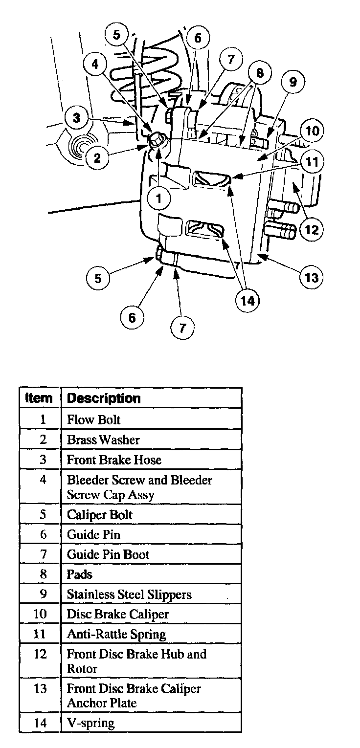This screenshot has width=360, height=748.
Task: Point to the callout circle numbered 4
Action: coord(95,64)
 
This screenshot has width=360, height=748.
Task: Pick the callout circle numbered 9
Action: coord(292,82)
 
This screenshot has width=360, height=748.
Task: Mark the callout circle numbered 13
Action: coord(312,278)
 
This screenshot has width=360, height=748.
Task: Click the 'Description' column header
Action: coord(104,398)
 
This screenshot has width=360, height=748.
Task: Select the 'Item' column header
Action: coord(39,398)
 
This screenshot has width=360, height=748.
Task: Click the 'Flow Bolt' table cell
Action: coord(93,419)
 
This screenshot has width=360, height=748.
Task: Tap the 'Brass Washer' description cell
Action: coord(103,440)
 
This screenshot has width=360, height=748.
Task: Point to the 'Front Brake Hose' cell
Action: coord(113,460)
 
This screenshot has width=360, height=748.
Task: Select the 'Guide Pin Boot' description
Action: coord(108,554)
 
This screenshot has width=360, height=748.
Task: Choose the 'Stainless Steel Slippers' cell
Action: coord(129,594)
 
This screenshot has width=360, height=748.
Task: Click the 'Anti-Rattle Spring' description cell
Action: coord(116,635)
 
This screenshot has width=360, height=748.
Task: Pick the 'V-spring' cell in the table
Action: coord(90,723)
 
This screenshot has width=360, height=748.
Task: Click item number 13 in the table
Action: coord(40,689)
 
